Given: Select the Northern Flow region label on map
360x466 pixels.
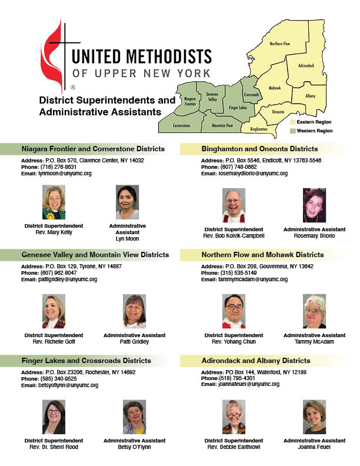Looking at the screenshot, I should click(279, 44).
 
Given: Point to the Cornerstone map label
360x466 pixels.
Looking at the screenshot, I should click(181, 125).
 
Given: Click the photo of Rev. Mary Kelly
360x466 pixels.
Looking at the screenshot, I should click(54, 203).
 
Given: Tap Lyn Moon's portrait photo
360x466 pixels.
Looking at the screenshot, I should click(127, 203).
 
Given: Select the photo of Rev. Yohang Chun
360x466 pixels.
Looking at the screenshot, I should click(234, 311).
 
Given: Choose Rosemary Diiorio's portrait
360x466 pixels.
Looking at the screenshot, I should click(314, 205).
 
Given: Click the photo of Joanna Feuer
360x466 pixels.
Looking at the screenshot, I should click(314, 417).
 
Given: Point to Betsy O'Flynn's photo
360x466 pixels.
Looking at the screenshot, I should click(134, 417).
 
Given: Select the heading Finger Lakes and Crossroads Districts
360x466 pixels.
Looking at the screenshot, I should click(86, 361).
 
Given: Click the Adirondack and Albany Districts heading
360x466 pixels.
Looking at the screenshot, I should click(256, 361).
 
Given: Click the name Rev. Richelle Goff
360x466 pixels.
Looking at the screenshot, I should click(54, 341).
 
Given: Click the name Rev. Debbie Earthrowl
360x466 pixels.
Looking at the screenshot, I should click(234, 447).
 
